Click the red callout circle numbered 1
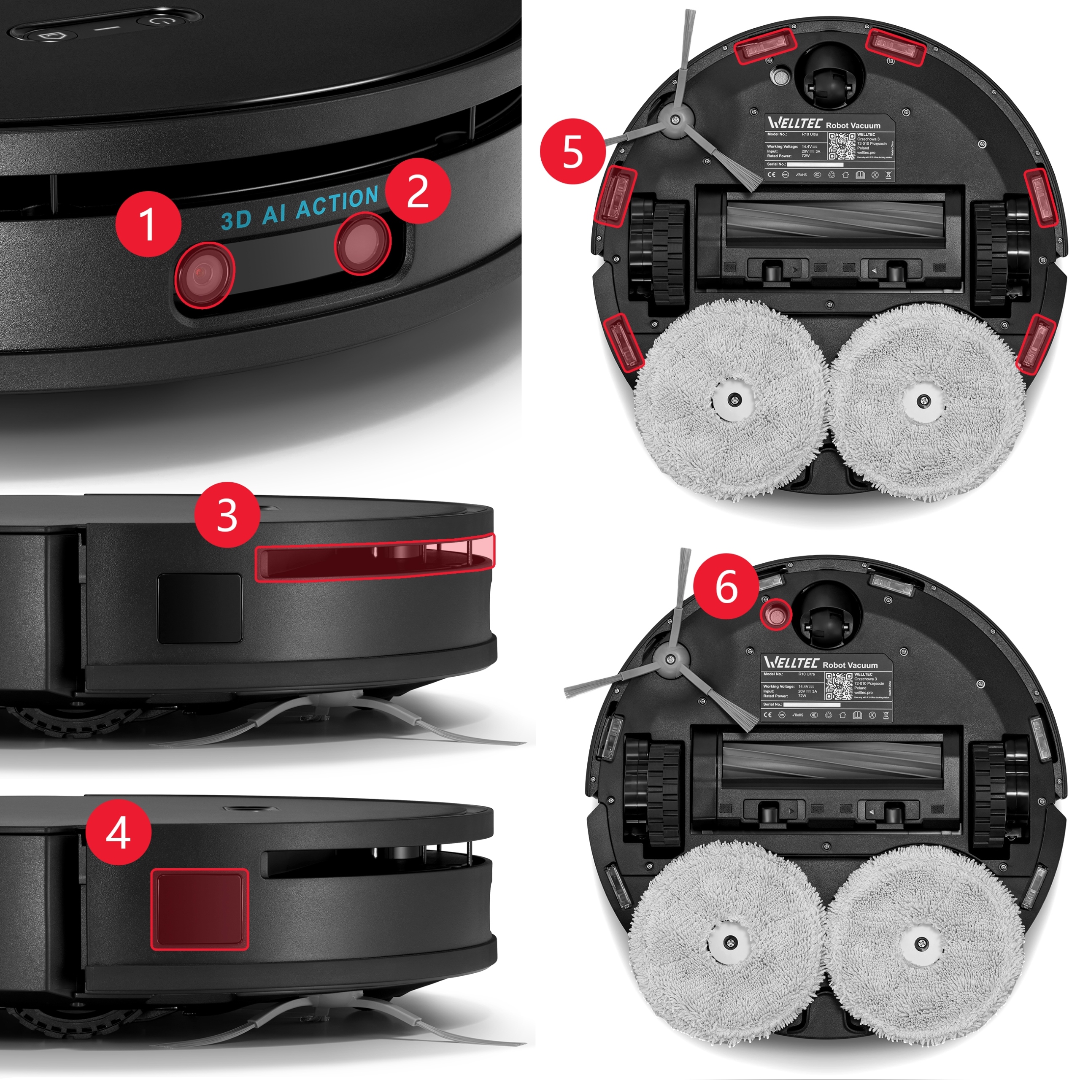148,224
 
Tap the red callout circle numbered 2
418,192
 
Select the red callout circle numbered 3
227,514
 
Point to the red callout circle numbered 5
573,152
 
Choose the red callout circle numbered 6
727,587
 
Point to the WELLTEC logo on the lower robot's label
791,664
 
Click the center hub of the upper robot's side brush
676,119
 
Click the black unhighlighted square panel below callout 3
200,608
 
